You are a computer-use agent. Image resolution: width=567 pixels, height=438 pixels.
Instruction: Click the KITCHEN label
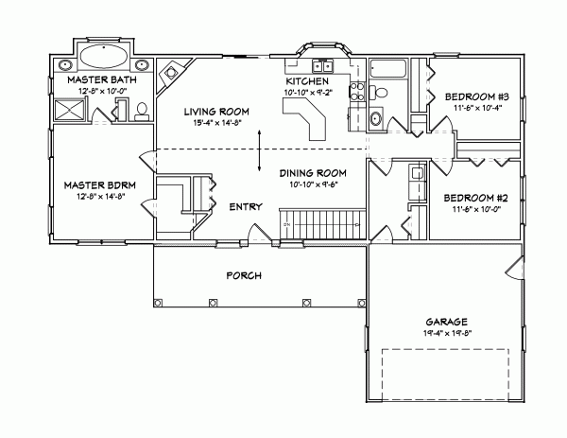click(307, 81)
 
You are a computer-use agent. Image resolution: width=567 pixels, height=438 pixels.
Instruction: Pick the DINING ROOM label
click(313, 173)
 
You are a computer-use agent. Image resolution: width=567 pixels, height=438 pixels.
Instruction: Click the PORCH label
click(243, 275)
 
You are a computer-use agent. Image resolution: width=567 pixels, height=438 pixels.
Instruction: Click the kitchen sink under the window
click(320, 66)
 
